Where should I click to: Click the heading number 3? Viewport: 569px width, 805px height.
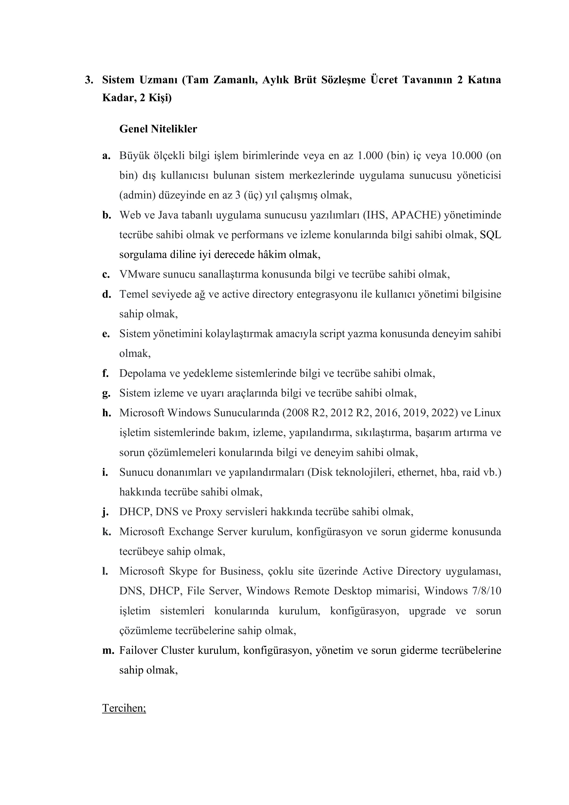(89, 80)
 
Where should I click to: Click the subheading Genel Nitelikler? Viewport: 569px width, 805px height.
(158, 129)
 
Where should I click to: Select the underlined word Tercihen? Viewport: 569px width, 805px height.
(124, 708)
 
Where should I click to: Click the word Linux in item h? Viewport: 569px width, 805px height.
(487, 413)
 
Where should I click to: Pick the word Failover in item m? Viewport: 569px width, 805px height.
(138, 650)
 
